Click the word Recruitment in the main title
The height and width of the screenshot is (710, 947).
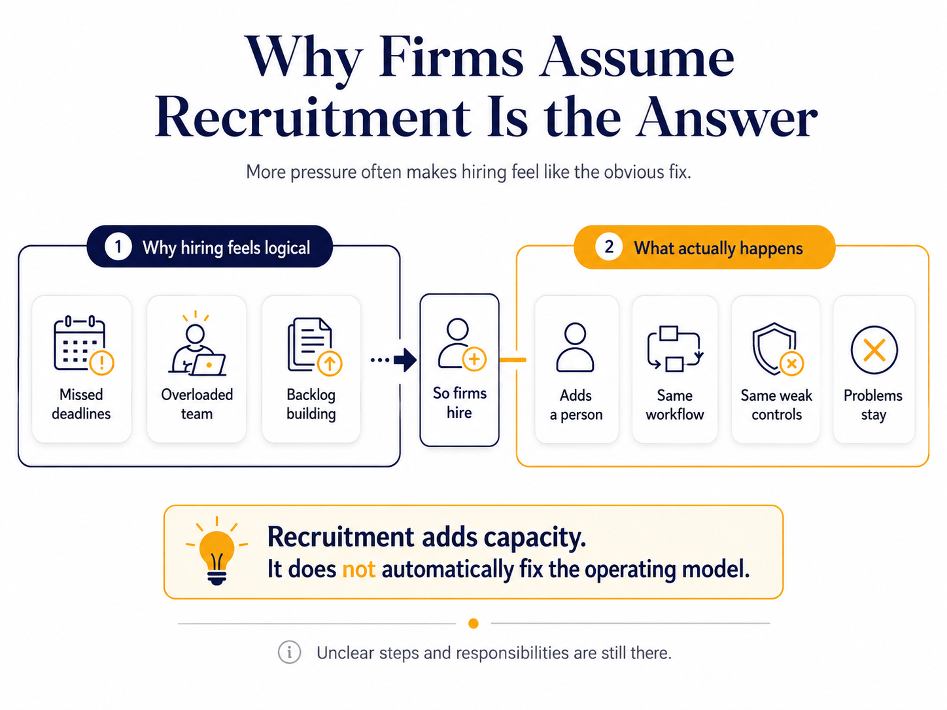click(x=313, y=117)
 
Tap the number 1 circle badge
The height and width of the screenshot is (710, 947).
click(x=118, y=247)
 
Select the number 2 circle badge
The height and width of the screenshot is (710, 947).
click(x=608, y=246)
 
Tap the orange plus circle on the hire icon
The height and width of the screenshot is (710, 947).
click(x=474, y=359)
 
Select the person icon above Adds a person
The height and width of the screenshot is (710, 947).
click(x=575, y=347)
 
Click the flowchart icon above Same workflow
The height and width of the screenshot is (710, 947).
click(x=675, y=348)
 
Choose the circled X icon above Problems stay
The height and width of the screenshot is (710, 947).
click(x=874, y=350)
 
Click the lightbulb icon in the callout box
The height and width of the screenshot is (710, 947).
click(x=216, y=550)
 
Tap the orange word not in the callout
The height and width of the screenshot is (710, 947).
click(x=358, y=569)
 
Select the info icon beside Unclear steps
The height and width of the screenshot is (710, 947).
click(x=289, y=652)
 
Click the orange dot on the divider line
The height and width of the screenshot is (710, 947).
click(x=473, y=623)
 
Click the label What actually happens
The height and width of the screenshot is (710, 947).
click(x=718, y=248)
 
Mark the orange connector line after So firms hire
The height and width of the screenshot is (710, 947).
click(x=513, y=360)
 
